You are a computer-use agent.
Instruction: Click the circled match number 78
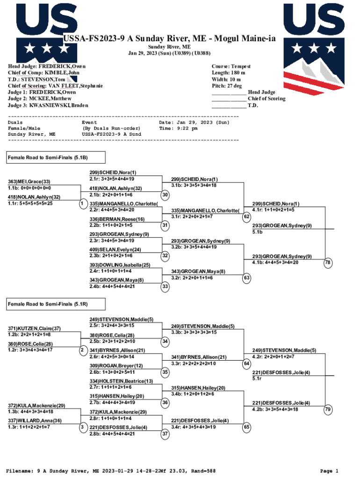328,263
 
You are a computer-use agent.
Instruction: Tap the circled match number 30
165,195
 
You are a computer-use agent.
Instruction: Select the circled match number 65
246,427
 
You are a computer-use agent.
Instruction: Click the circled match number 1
82,203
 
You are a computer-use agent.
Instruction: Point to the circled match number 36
165,402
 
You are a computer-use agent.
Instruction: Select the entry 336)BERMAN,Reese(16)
117,219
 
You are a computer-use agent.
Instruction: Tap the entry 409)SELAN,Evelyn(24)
115,249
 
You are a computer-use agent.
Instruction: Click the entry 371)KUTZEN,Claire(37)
34,328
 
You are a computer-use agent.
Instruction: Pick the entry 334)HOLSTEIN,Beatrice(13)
122,381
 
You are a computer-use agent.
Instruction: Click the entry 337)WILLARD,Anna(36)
35,421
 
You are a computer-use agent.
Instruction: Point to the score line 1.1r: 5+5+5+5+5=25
30,203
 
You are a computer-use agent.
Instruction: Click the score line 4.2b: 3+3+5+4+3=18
275,409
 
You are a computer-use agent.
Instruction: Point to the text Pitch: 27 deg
227,86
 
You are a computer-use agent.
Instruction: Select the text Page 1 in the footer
329,471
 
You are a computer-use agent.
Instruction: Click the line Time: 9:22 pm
178,128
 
